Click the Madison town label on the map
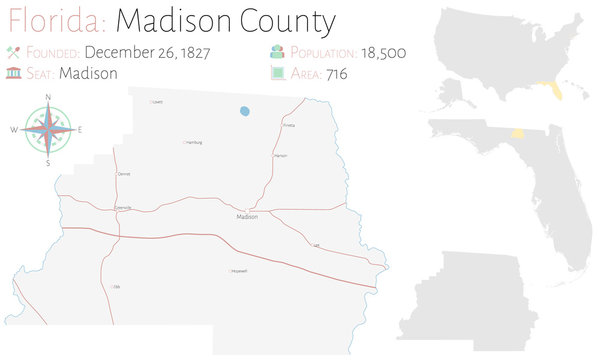click(247, 217)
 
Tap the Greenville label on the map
click(123, 207)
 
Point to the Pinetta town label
click(289, 126)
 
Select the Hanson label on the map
click(280, 156)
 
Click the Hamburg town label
click(194, 143)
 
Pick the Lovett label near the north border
click(157, 102)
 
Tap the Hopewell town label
click(239, 271)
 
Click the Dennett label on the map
click(124, 174)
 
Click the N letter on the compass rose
click(48, 96)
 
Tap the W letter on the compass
click(14, 130)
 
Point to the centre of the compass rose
click(48, 130)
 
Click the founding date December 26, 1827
click(147, 52)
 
